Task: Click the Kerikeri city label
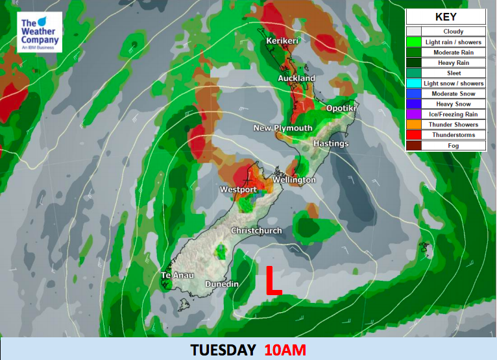[282, 42]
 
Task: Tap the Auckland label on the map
[297, 78]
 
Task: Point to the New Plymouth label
[282, 128]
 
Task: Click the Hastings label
[331, 143]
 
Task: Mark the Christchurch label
[256, 231]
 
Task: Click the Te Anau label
[174, 276]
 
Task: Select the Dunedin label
[222, 285]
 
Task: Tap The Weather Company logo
[40, 33]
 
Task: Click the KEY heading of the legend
[445, 18]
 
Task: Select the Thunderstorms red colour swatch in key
[414, 135]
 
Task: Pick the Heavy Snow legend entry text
[454, 104]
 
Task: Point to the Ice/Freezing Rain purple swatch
[414, 114]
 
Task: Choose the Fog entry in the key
[454, 145]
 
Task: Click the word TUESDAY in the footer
[223, 350]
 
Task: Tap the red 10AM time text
[285, 350]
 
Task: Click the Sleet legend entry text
[454, 73]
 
